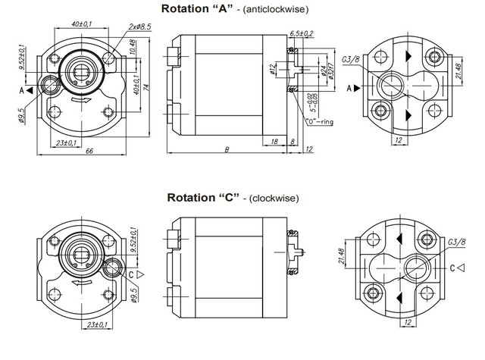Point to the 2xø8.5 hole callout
[x=140, y=26]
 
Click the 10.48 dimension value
[x=132, y=48]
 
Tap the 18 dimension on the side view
[x=273, y=142]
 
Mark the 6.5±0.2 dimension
[x=302, y=34]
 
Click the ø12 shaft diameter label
[x=271, y=72]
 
